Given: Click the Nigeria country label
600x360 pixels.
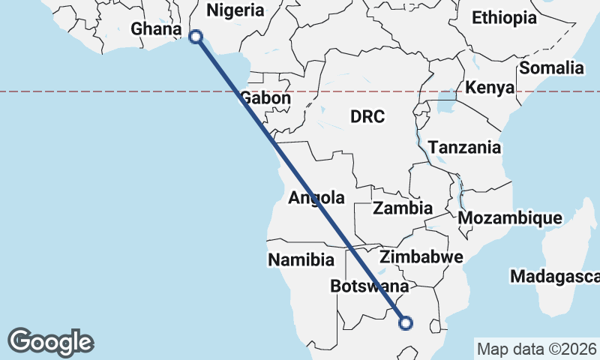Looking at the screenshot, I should point(235,10).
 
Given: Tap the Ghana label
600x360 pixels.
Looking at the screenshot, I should point(156,29).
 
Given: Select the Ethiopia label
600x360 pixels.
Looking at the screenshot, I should point(504,18).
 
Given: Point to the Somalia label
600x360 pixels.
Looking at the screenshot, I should point(551,68).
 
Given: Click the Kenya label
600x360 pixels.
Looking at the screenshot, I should point(490,88).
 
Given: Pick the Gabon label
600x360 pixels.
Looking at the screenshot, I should point(265,99).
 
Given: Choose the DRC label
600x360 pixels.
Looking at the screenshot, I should point(367,116).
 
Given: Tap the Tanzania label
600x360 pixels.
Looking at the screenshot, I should point(464,148).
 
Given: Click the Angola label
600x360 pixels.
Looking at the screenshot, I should point(316,198).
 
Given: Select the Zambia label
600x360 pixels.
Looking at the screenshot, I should point(403,208).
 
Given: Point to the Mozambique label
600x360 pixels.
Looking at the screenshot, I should point(510,218).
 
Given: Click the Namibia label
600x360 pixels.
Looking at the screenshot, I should point(301,260).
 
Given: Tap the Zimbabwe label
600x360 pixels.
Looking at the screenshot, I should point(421,257).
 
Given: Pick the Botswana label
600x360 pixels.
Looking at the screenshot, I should point(369,286).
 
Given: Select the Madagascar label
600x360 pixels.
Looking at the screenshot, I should point(554,277).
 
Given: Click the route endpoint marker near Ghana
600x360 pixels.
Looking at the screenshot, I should point(196,36).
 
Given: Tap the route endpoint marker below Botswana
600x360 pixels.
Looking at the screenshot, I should point(406,323).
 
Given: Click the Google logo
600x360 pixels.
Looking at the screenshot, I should point(50,342).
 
